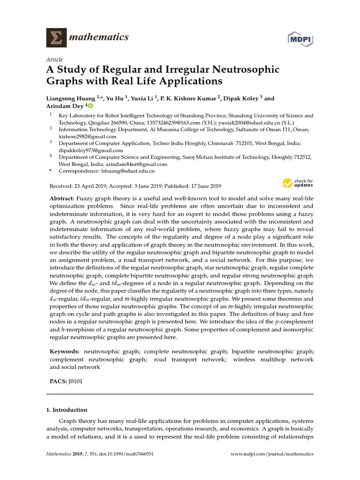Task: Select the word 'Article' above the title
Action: (x=54, y=60)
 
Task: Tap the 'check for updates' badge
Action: (x=298, y=183)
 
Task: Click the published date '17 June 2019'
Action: (x=205, y=186)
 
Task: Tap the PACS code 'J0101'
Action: (x=75, y=382)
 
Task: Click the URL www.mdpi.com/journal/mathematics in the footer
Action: (x=273, y=454)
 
